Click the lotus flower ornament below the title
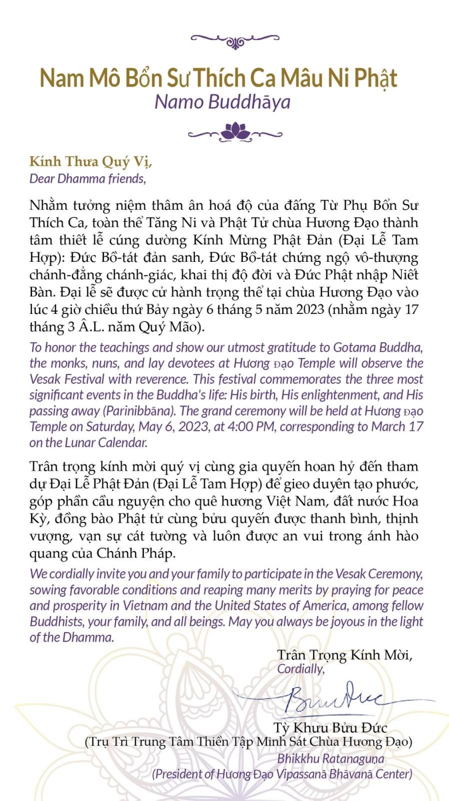coord(235,131)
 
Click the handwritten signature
coord(330,698)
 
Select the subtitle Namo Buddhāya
coord(222,102)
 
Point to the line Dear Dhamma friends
coord(87,179)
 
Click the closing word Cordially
coord(300,669)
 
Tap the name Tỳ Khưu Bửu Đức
coord(330,727)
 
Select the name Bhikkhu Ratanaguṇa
coord(330,758)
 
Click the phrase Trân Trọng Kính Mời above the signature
coord(344,655)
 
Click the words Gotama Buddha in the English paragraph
coord(378,347)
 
